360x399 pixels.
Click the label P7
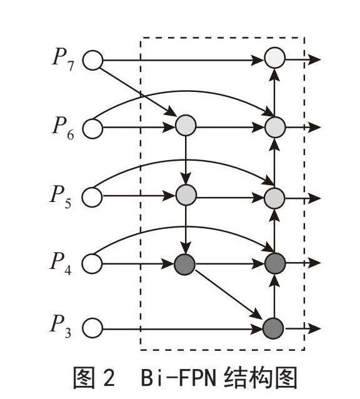[63, 59]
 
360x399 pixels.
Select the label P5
[61, 197]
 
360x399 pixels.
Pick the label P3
[61, 327]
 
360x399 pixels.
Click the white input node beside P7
[92, 60]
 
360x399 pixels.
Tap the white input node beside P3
[92, 328]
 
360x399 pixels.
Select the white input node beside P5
[92, 197]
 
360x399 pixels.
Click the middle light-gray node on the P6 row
[186, 125]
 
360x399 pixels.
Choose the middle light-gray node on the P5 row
[186, 195]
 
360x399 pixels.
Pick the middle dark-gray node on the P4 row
[184, 265]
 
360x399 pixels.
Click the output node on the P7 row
[274, 58]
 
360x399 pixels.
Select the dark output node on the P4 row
[275, 263]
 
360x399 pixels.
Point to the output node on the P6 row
[275, 127]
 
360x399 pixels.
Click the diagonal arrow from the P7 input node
[137, 92]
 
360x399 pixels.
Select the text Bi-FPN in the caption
[179, 378]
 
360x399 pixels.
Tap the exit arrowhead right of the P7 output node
[314, 59]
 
